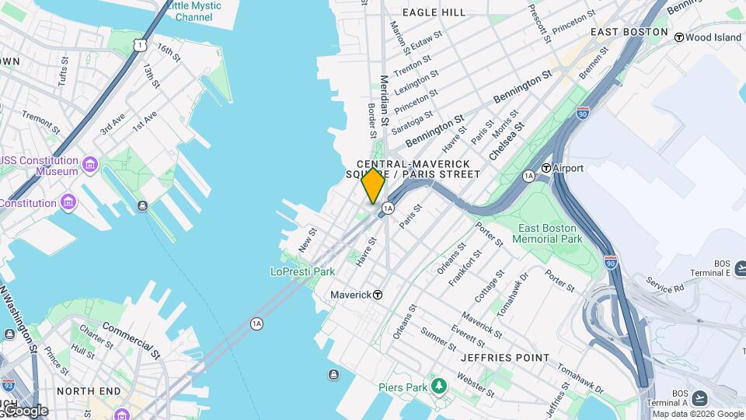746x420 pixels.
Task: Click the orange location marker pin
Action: click(373, 186)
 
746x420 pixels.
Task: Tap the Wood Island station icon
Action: click(678, 37)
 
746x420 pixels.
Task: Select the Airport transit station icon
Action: click(546, 168)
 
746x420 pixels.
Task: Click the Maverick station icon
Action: click(378, 295)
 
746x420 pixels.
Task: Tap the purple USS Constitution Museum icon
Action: click(89, 165)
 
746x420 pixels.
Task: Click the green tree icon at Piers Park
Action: click(439, 387)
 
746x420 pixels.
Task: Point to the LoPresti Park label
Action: click(302, 271)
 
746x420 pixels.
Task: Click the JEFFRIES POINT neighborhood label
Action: click(504, 358)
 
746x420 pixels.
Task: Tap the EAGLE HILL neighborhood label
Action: click(434, 12)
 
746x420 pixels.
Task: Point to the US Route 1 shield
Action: click(138, 46)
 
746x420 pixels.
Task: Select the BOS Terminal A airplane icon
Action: click(699, 398)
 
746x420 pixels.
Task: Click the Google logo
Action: click(25, 410)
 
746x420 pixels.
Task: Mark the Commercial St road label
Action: click(131, 340)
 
